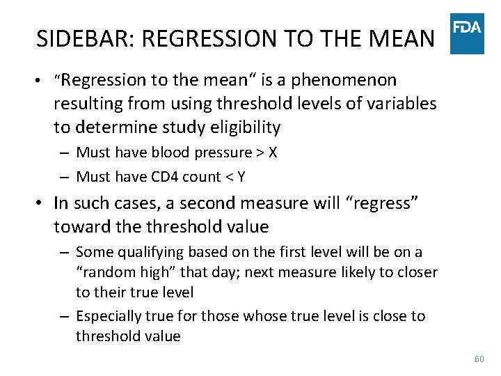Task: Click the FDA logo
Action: pos(467,33)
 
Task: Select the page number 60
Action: pos(479,359)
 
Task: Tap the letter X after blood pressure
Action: pos(272,152)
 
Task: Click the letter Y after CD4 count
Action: pos(241,177)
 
